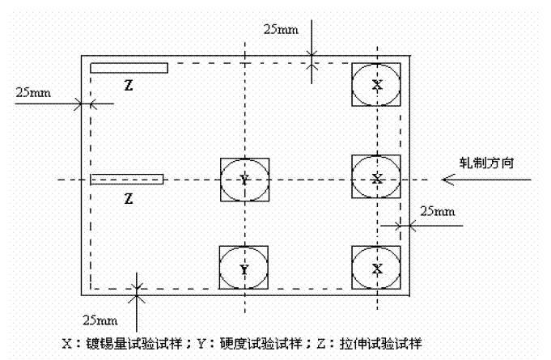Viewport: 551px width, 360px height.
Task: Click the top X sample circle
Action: click(376, 84)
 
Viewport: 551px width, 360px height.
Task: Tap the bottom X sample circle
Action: click(376, 268)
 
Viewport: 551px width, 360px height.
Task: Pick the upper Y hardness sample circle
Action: click(244, 180)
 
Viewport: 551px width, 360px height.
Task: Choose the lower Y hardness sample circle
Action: click(244, 268)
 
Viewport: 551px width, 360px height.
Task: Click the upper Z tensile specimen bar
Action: click(129, 68)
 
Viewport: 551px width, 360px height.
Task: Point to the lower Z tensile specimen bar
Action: click(127, 179)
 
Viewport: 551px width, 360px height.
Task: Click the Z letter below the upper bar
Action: click(128, 84)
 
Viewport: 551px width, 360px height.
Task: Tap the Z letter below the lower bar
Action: click(128, 197)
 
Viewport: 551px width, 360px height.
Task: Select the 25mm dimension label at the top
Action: click(281, 29)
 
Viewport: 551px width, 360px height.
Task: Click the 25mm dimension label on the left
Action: click(33, 91)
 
